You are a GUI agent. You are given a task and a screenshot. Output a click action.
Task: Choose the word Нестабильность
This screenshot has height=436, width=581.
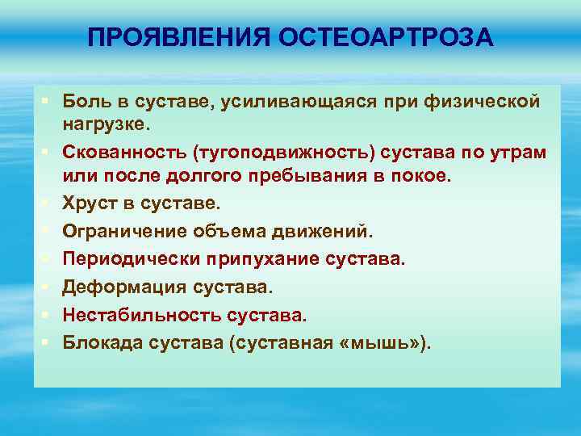tap(125, 315)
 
